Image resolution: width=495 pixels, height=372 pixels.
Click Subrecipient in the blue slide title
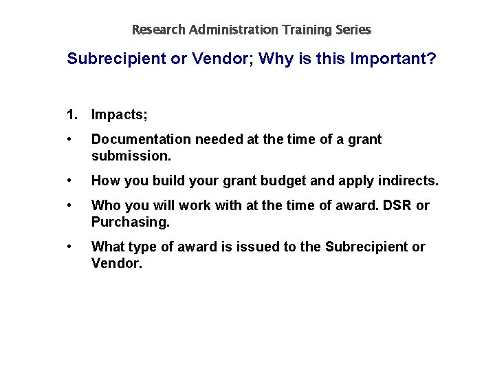114,59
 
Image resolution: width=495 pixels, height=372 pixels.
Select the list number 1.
71,112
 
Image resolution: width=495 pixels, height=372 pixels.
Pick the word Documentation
141,140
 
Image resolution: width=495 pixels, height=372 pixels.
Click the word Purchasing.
130,222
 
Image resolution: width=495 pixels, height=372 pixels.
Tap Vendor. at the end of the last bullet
117,263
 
